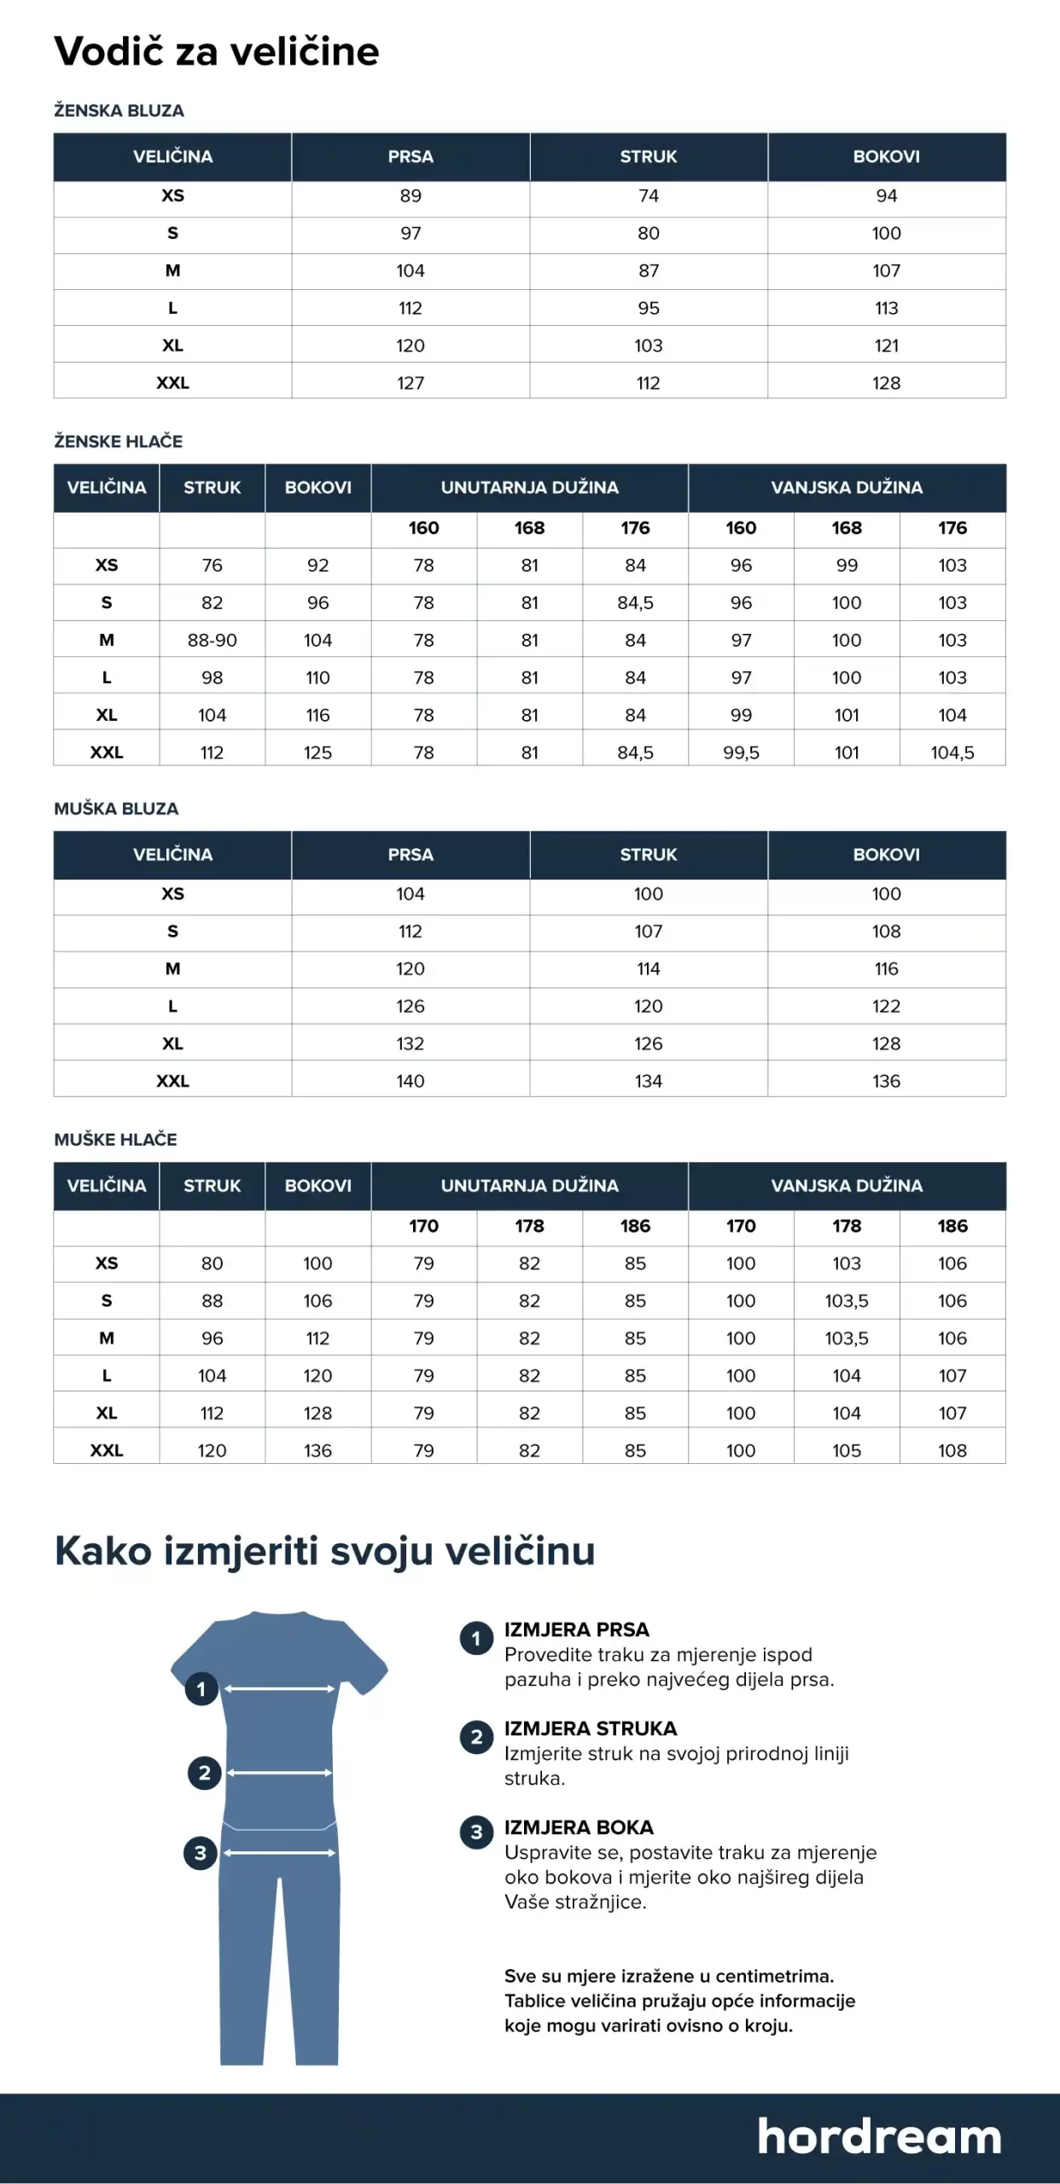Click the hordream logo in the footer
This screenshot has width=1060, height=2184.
879,2136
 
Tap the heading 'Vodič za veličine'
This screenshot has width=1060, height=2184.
217,51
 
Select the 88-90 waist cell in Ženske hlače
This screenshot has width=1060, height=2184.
212,640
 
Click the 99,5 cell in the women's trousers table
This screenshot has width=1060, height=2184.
741,752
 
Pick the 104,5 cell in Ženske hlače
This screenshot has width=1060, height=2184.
952,752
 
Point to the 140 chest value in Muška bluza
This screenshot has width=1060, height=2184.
411,1081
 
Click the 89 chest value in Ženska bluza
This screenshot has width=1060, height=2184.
411,195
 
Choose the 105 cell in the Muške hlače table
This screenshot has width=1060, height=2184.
847,1450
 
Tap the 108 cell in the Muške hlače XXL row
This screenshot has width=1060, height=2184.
952,1450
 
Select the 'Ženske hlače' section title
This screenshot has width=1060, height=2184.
119,441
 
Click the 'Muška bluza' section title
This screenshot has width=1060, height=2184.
116,809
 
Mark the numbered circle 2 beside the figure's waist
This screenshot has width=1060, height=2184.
205,1773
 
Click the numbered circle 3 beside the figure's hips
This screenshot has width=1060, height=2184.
201,1852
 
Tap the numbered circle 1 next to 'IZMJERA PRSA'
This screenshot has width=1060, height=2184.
476,1638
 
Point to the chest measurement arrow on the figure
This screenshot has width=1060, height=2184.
280,1688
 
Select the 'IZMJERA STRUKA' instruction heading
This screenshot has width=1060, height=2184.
591,1728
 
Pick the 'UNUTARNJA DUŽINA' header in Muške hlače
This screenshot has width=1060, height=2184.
529,1185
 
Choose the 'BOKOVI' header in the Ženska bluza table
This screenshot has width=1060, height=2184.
886,156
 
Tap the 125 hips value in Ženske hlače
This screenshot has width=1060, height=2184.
317,752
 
